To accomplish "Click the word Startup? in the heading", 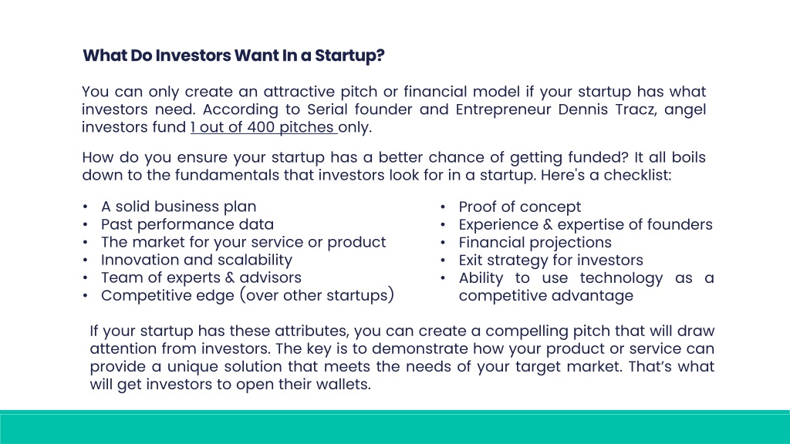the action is (x=349, y=55).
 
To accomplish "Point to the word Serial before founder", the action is (x=327, y=109).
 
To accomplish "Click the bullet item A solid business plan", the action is (x=178, y=207).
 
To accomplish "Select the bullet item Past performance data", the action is (x=187, y=224).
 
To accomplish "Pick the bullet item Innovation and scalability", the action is (x=197, y=260).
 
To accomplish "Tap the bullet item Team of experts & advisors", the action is (x=201, y=277).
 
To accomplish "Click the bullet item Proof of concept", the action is (x=519, y=207).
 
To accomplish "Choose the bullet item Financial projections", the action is (x=535, y=242).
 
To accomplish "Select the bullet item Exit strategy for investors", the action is (x=551, y=260).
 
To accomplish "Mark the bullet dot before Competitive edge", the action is (x=85, y=295).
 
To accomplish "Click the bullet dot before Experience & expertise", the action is (x=443, y=225).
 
